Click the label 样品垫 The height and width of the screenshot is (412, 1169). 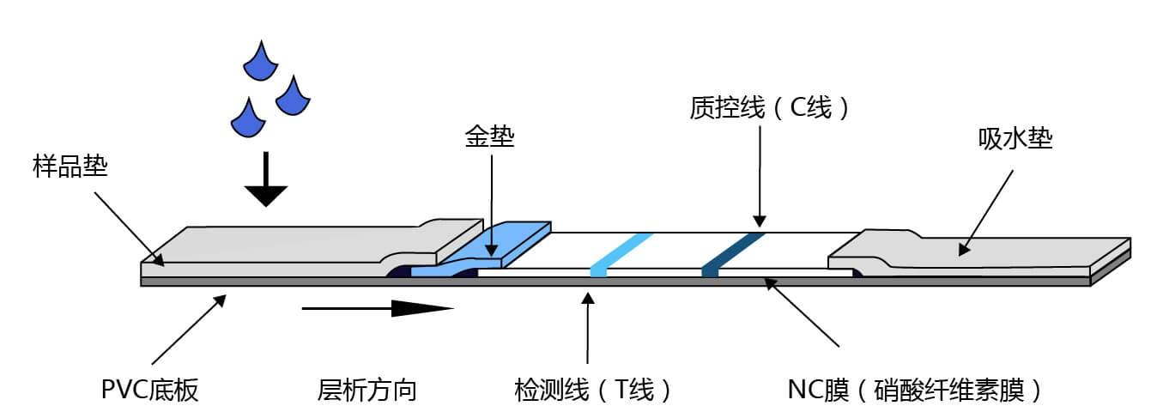(x=70, y=166)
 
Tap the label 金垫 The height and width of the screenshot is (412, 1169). (x=491, y=136)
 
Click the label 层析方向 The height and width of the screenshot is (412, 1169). (x=366, y=391)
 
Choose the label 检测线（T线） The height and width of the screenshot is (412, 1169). (x=592, y=391)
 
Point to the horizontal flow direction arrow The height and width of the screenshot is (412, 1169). (x=378, y=306)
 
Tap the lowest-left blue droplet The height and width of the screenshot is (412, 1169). (x=246, y=118)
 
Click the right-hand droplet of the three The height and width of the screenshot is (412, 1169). (x=293, y=96)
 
